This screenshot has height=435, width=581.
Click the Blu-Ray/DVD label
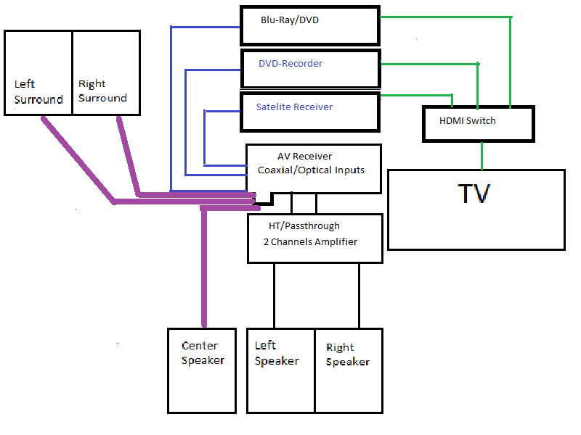[290, 20]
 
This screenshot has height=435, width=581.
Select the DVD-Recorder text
[290, 64]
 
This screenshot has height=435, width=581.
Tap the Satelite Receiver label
[294, 107]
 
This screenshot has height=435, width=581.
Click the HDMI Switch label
[468, 121]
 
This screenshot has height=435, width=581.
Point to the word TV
[474, 194]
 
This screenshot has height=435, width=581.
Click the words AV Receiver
[304, 157]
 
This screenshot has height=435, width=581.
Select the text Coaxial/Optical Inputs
[311, 170]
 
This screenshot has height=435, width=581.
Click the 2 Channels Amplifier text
[311, 241]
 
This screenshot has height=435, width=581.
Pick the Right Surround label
[102, 91]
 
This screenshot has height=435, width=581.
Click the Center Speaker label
[203, 353]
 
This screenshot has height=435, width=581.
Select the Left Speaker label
[277, 353]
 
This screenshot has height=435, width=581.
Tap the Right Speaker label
[347, 355]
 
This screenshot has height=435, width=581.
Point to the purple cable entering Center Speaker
[204, 275]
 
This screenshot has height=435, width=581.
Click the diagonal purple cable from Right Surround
[128, 156]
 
